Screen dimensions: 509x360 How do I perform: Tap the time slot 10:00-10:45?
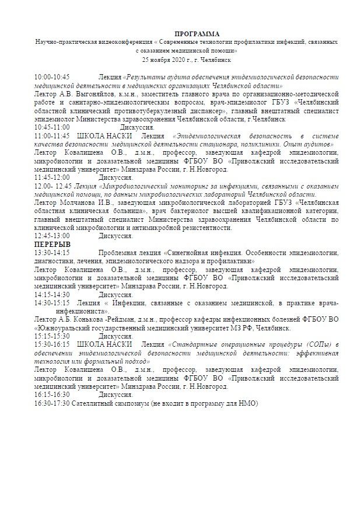tap(52, 76)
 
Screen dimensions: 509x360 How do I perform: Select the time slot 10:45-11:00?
tap(52, 127)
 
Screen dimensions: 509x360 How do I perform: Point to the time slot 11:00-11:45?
tap(52, 135)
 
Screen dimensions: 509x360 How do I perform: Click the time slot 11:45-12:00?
tap(52, 177)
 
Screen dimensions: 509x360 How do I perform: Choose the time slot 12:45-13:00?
tap(52, 236)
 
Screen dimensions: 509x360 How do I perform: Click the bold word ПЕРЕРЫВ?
tap(53, 245)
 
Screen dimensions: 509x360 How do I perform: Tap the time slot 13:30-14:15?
tap(52, 253)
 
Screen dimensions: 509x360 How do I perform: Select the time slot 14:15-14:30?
tap(52, 295)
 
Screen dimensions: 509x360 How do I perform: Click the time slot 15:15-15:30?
tap(52, 337)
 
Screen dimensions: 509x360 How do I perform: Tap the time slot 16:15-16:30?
tap(52, 395)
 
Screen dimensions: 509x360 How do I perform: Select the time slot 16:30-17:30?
tap(52, 404)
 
